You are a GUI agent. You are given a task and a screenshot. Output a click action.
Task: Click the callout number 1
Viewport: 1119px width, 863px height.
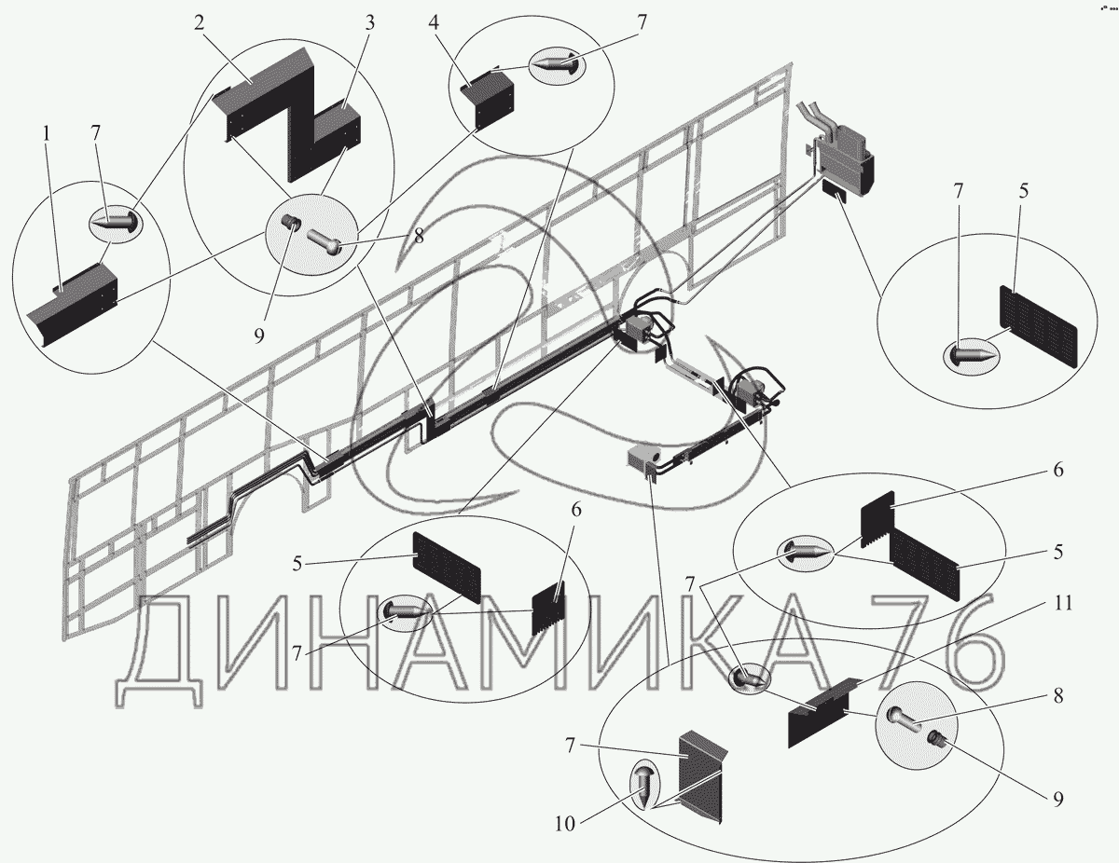click(47, 134)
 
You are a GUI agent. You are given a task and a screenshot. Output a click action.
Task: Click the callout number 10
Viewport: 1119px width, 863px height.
click(564, 824)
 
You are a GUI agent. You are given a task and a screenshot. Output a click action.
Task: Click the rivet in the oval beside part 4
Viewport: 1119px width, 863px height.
click(556, 64)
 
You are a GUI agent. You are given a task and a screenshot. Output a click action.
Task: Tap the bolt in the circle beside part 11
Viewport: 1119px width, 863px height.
click(903, 719)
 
